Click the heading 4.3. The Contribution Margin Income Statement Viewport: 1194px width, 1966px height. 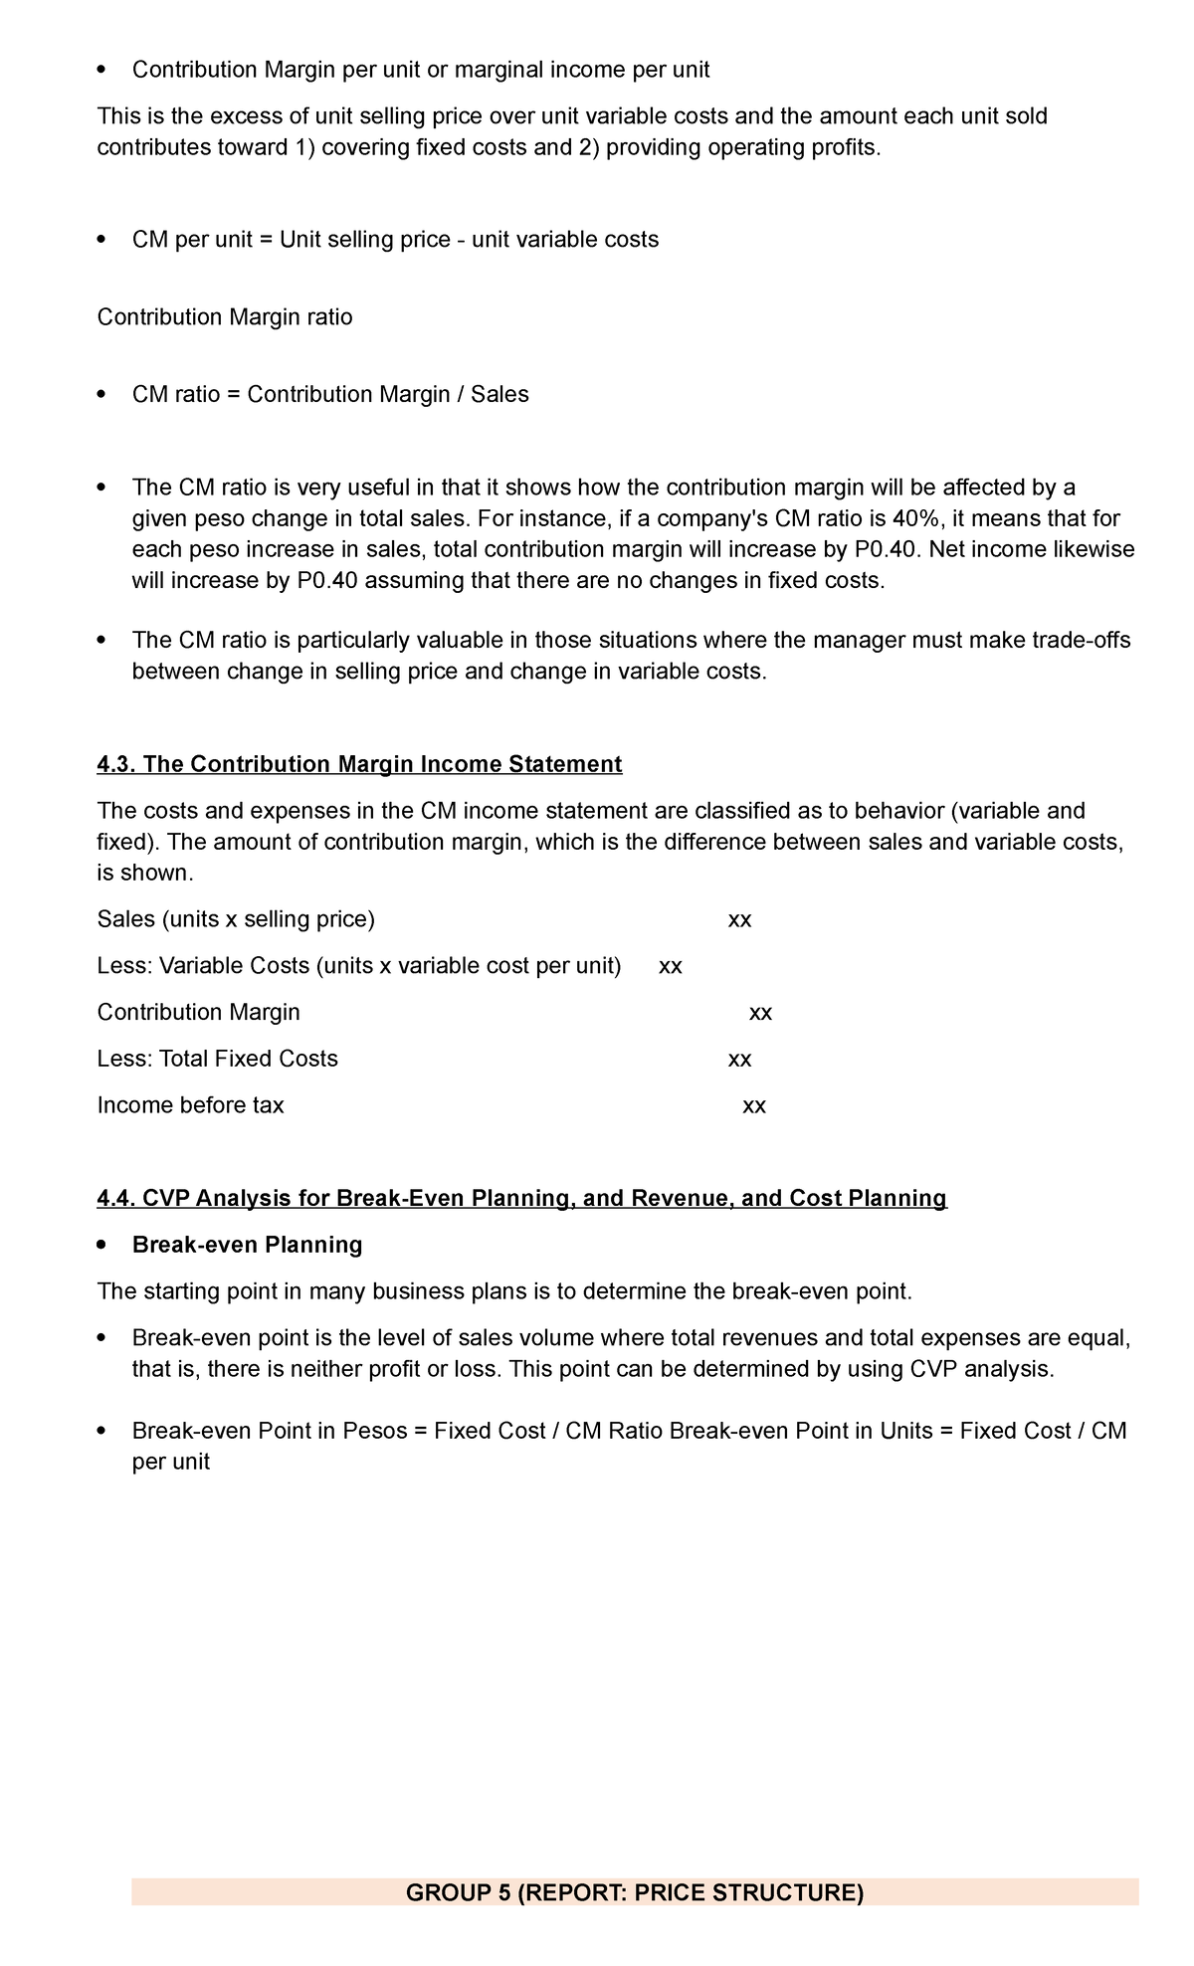point(359,764)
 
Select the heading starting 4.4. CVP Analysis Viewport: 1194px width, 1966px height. point(521,1198)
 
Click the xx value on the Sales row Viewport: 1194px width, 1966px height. point(739,920)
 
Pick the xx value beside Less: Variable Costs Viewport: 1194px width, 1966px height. point(671,967)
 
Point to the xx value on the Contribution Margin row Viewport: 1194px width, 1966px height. point(760,1014)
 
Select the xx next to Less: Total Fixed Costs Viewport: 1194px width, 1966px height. point(739,1060)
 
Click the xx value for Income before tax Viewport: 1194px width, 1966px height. point(754,1106)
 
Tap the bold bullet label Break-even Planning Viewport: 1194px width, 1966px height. point(247,1245)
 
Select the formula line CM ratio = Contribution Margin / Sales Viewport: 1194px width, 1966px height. point(330,395)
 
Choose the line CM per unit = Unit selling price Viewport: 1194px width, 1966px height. point(395,240)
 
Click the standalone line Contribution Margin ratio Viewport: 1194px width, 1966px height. point(225,317)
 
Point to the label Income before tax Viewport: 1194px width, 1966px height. point(190,1105)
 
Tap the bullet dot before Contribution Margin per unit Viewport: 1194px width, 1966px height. point(101,71)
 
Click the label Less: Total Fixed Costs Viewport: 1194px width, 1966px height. point(217,1059)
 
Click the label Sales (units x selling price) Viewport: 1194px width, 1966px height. point(236,919)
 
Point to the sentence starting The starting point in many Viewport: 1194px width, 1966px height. point(503,1291)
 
